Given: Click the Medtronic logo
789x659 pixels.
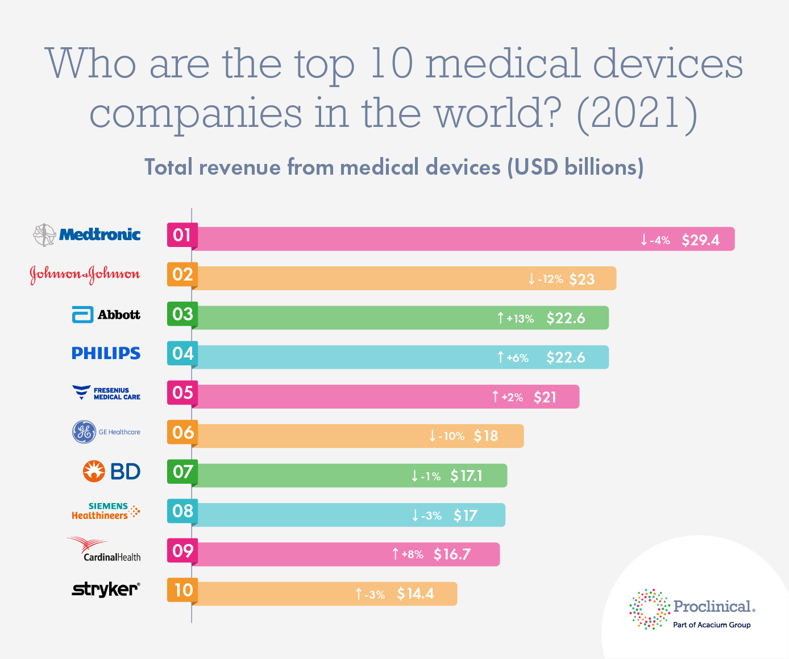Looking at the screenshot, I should click(86, 234).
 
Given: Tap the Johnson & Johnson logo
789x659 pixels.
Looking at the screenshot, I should click(85, 274).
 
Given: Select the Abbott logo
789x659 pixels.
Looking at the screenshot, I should click(106, 315).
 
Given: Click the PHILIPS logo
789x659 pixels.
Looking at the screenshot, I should click(106, 353).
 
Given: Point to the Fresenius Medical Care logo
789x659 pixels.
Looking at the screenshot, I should click(106, 393).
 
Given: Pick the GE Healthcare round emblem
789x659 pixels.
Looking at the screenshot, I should click(84, 432).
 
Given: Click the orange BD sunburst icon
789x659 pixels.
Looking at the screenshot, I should click(94, 471).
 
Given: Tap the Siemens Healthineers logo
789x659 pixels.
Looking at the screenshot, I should click(106, 511).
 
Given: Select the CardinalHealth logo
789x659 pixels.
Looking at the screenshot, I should click(104, 549).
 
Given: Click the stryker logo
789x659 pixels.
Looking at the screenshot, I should click(106, 589).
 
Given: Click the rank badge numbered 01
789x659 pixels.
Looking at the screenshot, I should click(182, 235).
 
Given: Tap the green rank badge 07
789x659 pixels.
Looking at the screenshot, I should click(182, 472).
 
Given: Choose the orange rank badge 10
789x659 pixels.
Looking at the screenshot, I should click(182, 590).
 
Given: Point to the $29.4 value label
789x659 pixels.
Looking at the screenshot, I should click(700, 240).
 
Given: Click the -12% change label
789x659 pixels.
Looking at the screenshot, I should click(550, 279).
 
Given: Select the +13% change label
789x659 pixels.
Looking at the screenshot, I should click(520, 319).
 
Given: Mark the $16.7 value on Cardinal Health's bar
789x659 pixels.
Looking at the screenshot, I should click(452, 554).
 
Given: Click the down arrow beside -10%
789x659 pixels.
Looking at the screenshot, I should click(433, 436).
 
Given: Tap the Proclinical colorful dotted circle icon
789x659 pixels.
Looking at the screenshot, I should click(649, 609).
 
